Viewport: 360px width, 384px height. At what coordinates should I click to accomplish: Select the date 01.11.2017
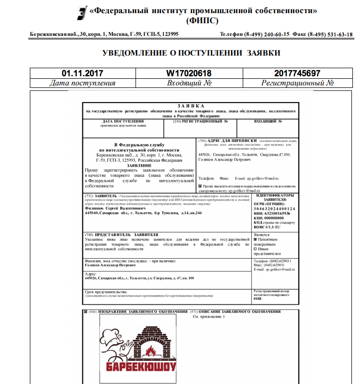82,73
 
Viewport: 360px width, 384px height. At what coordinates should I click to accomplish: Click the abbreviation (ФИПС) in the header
202,21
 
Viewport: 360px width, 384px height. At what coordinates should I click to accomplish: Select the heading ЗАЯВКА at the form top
191,106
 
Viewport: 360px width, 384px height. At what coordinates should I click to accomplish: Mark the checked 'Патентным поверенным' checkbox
255,239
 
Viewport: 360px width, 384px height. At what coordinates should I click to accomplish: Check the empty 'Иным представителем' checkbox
255,249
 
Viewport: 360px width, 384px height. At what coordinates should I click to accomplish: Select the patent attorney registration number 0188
258,299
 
